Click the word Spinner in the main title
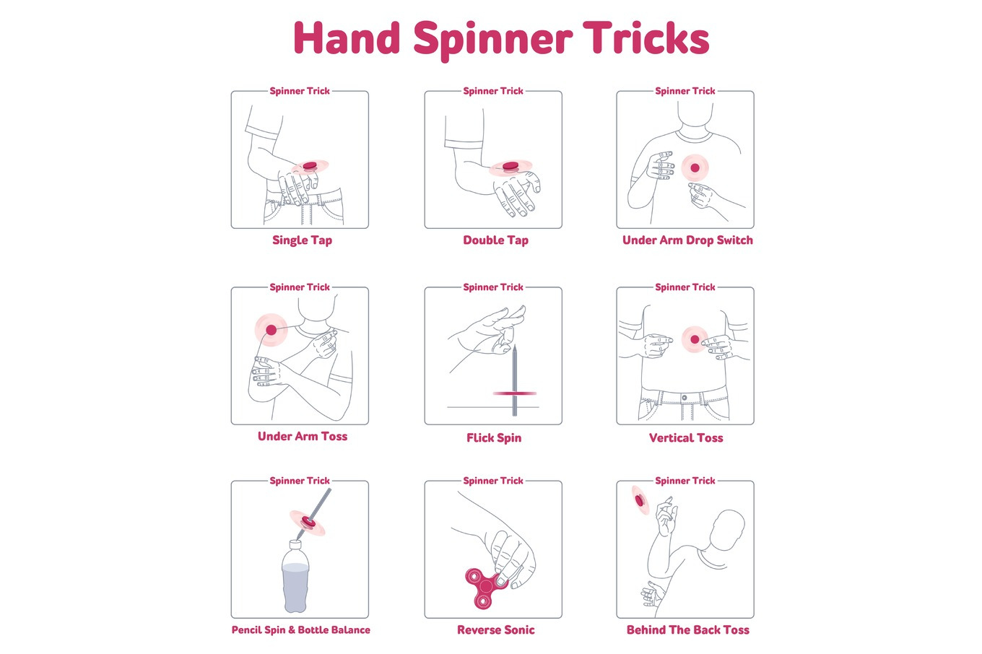(x=492, y=40)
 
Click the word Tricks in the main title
(x=646, y=38)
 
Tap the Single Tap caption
(x=302, y=240)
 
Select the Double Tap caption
(x=496, y=240)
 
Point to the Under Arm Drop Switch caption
(x=687, y=240)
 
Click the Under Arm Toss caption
(x=303, y=436)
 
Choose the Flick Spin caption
(x=494, y=438)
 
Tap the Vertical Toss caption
(x=686, y=438)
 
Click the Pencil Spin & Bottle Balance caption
(x=300, y=630)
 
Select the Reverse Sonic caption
(x=496, y=630)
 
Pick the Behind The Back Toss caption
(x=688, y=630)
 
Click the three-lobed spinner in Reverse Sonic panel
(x=485, y=588)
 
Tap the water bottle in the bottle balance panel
(x=295, y=577)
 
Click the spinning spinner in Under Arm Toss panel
(x=271, y=330)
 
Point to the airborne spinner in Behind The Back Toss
(x=640, y=500)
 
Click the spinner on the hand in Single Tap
(x=310, y=166)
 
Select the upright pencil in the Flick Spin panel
(x=515, y=380)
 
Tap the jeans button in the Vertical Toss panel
(x=685, y=398)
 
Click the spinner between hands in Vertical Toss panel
(x=695, y=339)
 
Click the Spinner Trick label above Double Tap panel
(x=493, y=91)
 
